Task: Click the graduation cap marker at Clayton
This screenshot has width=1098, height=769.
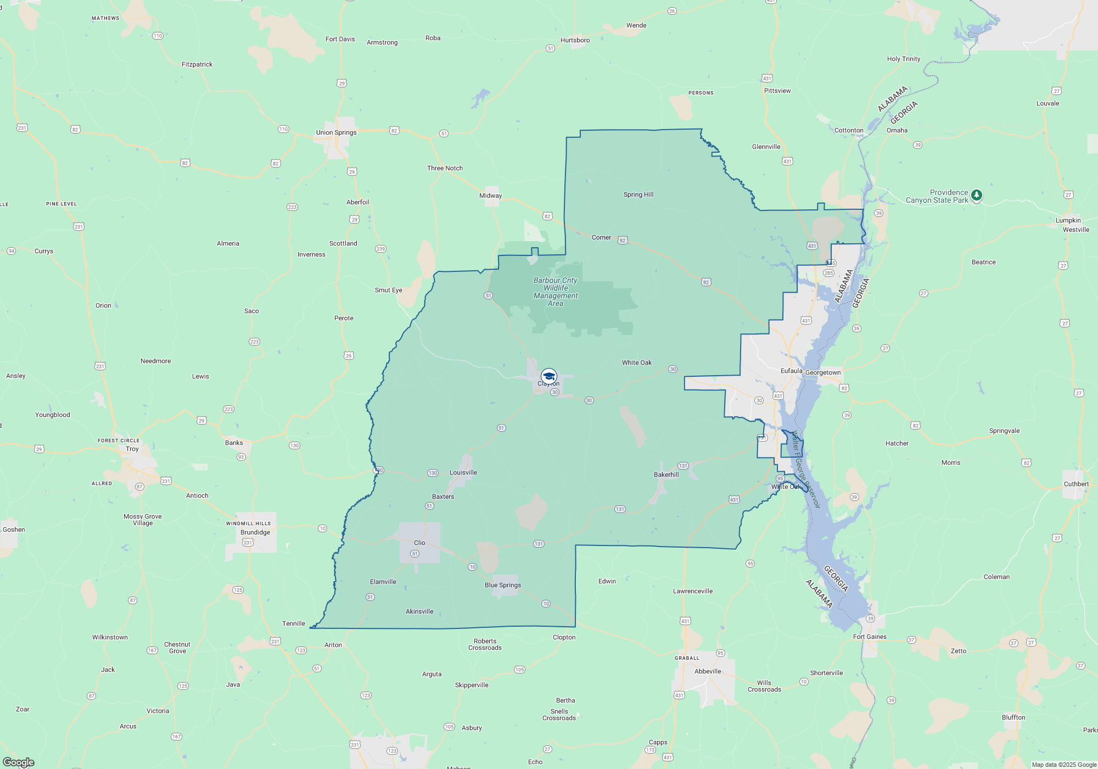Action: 548,376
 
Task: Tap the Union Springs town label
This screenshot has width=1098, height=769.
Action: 336,132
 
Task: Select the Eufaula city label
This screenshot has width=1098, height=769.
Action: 791,371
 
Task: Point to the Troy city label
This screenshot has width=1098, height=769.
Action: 132,449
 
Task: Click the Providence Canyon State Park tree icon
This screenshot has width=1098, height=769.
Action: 976,195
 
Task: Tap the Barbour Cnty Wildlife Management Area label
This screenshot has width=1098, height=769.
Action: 555,292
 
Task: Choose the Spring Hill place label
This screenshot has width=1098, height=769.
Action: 638,194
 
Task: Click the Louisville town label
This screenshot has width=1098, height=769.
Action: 463,472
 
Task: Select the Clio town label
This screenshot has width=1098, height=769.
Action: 419,543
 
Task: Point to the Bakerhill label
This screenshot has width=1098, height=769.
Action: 666,475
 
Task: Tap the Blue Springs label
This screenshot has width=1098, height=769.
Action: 502,585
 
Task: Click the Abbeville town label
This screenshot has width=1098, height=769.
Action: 708,671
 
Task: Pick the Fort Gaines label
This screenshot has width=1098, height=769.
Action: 870,637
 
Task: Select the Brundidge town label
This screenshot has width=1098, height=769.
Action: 255,532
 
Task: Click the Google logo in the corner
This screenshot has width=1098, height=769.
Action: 18,762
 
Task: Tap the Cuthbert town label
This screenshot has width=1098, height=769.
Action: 1076,484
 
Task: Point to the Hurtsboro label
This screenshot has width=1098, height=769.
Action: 575,40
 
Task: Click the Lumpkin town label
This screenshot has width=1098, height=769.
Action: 1068,220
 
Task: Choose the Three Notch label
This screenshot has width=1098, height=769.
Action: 445,168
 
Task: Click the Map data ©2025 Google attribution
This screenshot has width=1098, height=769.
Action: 1063,765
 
